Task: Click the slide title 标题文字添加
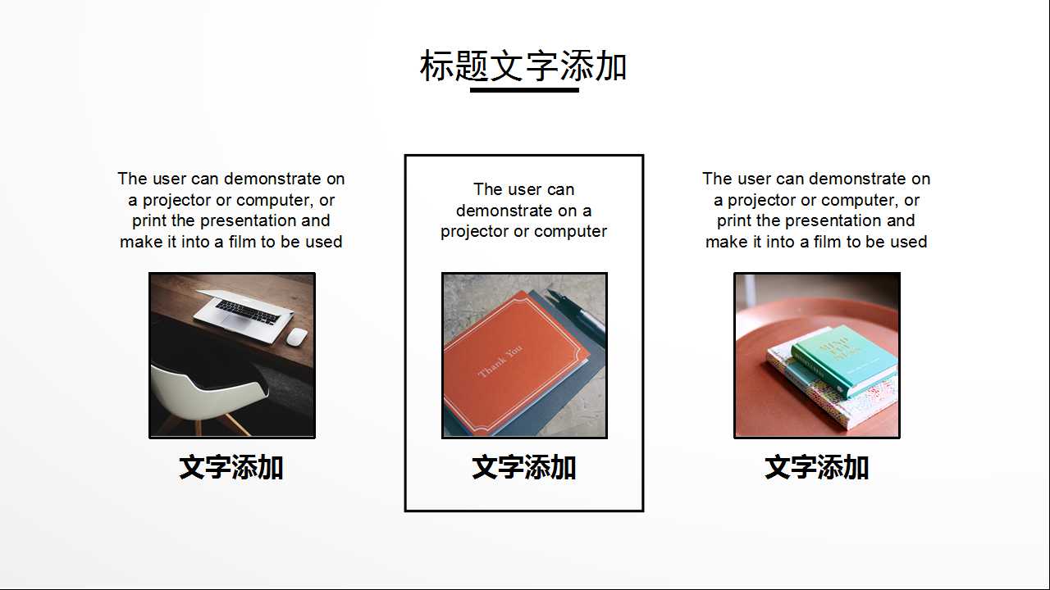click(523, 66)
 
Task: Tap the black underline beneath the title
click(524, 89)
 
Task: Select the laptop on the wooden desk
click(244, 310)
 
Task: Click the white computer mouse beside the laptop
click(297, 336)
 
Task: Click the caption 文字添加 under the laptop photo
click(231, 468)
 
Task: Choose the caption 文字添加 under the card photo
click(524, 468)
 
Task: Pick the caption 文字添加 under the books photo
click(816, 468)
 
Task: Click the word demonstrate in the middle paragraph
click(504, 211)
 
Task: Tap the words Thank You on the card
click(500, 361)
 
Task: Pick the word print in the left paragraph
click(148, 221)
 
